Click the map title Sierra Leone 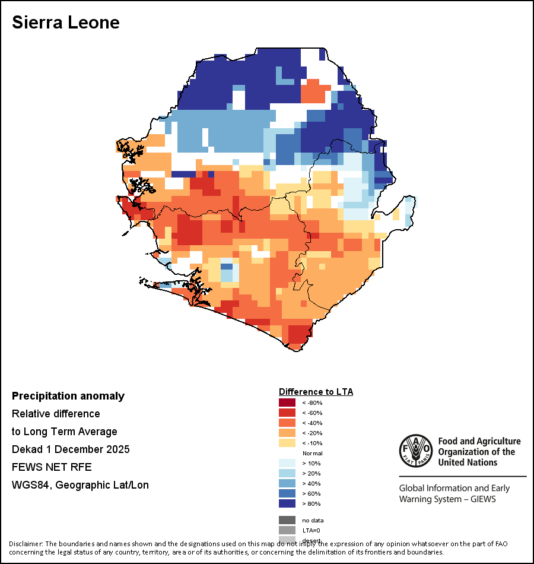pos(66,23)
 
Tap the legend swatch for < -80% pos(287,403)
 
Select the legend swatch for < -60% pos(287,413)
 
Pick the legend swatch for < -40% pos(287,423)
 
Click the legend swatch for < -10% pos(287,443)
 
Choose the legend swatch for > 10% pos(287,463)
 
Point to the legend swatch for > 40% pos(287,483)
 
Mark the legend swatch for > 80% pos(287,503)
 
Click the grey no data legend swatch pos(287,520)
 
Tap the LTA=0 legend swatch pos(287,530)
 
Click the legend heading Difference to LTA pos(316,392)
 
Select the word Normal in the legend pos(312,453)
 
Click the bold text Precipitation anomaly pos(68,396)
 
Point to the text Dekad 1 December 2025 pos(71,449)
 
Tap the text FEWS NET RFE pos(52,467)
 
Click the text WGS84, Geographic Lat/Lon pos(80,484)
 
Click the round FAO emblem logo pos(416,452)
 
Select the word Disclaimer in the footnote pos(26,544)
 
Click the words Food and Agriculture pos(479,441)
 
